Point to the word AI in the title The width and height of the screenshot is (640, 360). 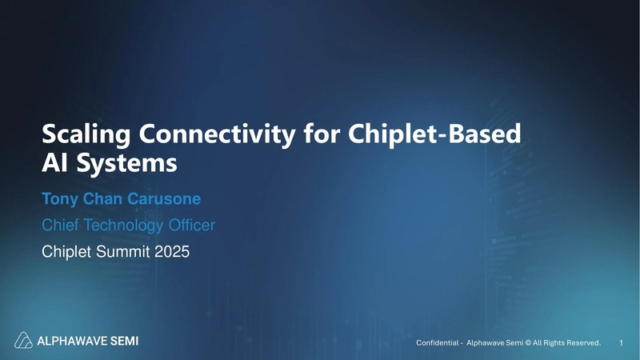pyautogui.click(x=54, y=164)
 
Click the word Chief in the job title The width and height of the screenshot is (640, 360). pyautogui.click(x=60, y=226)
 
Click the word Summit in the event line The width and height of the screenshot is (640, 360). pyautogui.click(x=126, y=253)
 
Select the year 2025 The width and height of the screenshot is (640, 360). pyautogui.click(x=173, y=253)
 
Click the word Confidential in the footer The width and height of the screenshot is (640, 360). pyautogui.click(x=438, y=343)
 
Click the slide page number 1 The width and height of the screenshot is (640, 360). pyautogui.click(x=622, y=343)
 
